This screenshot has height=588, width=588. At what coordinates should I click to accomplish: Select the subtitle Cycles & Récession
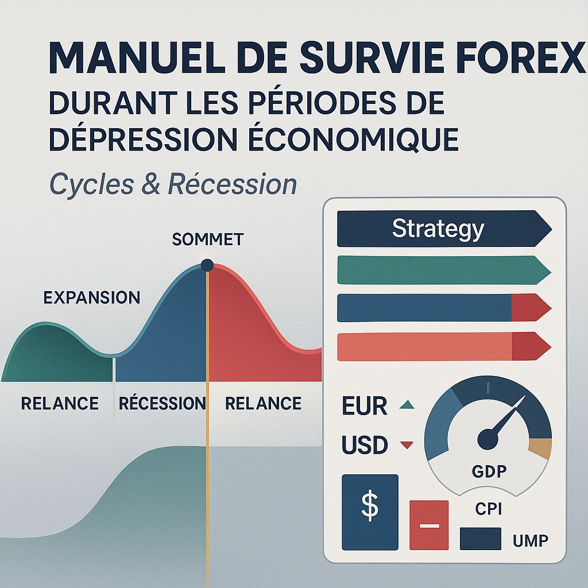[173, 184]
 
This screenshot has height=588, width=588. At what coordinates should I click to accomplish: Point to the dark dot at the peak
[207, 265]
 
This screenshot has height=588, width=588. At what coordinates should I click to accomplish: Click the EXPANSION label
[91, 297]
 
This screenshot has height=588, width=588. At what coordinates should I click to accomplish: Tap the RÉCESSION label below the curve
[162, 403]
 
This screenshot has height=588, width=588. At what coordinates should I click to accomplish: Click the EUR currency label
[364, 406]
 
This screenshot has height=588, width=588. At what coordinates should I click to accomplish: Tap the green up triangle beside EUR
[407, 405]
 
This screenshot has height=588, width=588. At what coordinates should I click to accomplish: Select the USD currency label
[365, 445]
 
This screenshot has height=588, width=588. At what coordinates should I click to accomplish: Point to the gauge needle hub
[488, 440]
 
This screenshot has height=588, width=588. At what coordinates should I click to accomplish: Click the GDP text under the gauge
[489, 472]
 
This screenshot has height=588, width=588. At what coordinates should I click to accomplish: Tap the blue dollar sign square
[370, 511]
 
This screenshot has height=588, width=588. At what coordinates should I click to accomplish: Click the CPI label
[489, 509]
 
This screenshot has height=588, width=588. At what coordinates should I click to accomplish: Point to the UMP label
[529, 540]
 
